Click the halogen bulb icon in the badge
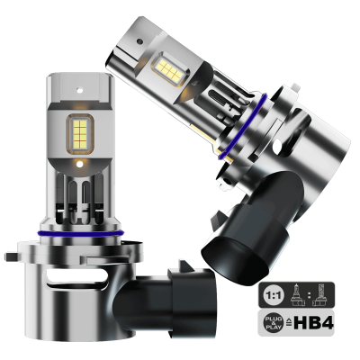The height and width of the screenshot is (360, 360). [298, 294]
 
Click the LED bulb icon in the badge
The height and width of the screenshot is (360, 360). [321, 294]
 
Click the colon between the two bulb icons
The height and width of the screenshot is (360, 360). [310, 294]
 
